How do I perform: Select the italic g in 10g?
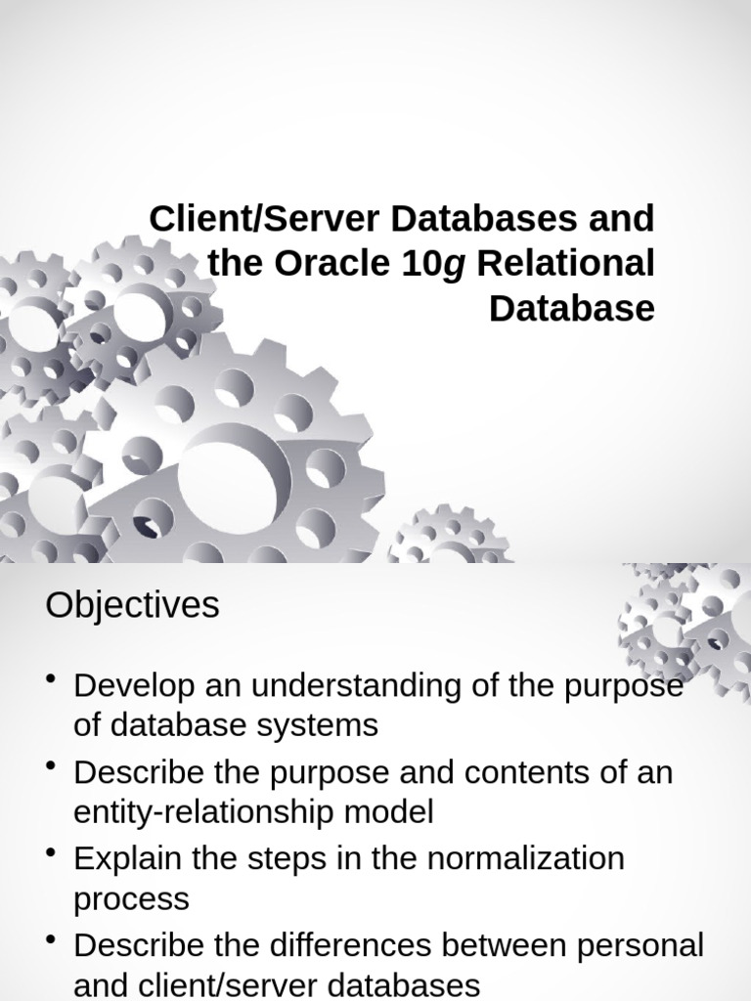(x=453, y=265)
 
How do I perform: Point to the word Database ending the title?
(x=571, y=308)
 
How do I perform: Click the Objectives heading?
(x=132, y=606)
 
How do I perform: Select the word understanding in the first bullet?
(x=369, y=685)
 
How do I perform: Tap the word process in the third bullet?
(x=132, y=898)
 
